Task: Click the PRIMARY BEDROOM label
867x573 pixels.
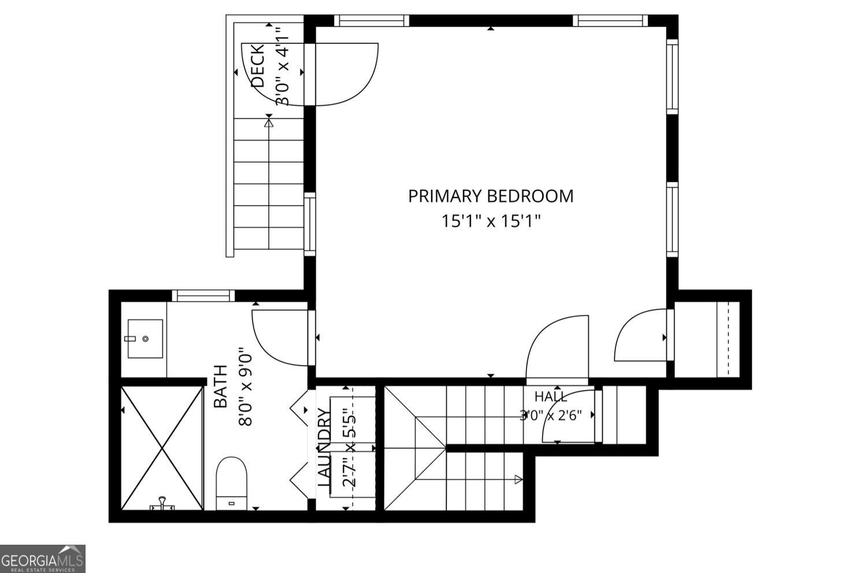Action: click(491, 196)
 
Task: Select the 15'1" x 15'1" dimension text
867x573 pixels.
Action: click(491, 221)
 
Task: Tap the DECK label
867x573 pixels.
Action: click(258, 66)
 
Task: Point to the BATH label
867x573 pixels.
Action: click(221, 386)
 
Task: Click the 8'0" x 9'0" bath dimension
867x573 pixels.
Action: click(246, 389)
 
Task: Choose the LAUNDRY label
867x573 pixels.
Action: click(324, 448)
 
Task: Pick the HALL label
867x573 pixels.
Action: click(551, 397)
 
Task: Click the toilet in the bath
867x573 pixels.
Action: click(231, 483)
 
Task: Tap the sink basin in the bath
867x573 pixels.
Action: click(145, 338)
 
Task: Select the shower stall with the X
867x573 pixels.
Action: click(162, 448)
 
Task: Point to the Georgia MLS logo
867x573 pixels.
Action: click(43, 559)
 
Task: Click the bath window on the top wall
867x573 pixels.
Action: click(203, 296)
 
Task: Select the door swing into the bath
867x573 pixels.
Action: click(280, 337)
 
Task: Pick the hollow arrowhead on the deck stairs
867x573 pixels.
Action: click(269, 123)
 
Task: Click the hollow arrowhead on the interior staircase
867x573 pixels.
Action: click(518, 480)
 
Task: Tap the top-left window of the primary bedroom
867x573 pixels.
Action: click(372, 21)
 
